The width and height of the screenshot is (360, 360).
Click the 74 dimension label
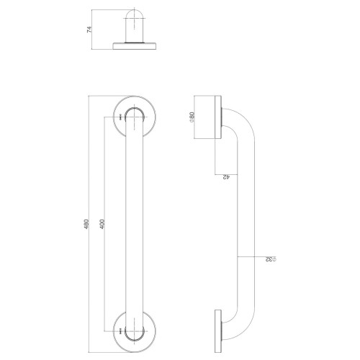pyautogui.click(x=89, y=30)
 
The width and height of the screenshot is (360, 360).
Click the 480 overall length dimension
pyautogui.click(x=86, y=224)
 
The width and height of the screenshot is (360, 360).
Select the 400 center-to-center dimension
pyautogui.click(x=102, y=224)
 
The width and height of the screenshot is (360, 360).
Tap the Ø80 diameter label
pyautogui.click(x=192, y=117)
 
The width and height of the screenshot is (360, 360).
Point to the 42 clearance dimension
pyautogui.click(x=226, y=177)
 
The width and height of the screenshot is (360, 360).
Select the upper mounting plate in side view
pyautogui.click(x=218, y=117)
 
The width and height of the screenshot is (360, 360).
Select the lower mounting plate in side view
pyautogui.click(x=218, y=331)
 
